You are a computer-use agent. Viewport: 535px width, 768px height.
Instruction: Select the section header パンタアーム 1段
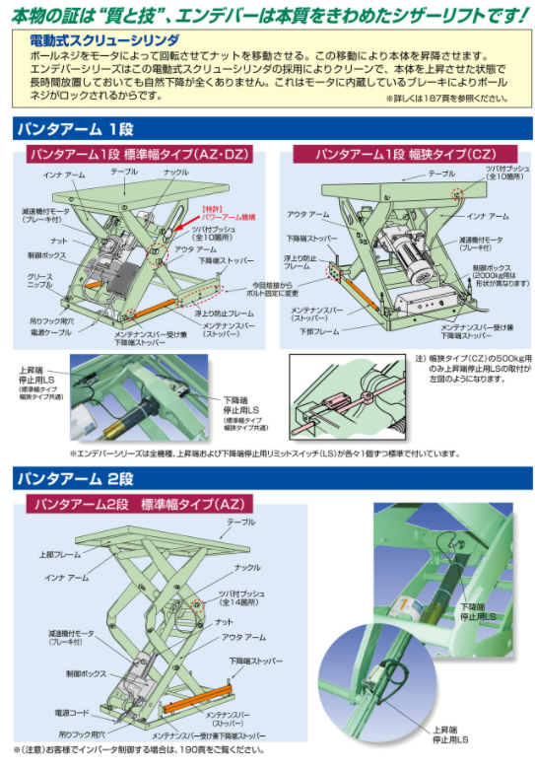[x=75, y=129]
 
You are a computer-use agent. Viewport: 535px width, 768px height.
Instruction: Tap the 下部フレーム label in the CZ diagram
[x=321, y=332]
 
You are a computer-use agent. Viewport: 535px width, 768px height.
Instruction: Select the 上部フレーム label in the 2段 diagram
[x=61, y=554]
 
